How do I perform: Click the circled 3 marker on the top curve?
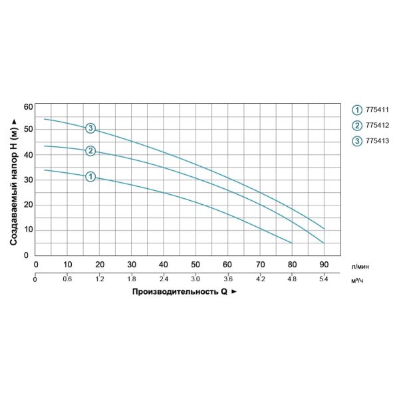click(90, 128)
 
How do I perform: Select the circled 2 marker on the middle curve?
click(90, 151)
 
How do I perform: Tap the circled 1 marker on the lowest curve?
click(90, 176)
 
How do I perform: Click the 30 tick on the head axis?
click(27, 180)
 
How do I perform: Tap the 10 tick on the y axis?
click(27, 230)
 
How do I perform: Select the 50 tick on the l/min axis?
click(196, 265)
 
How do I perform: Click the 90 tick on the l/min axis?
click(324, 265)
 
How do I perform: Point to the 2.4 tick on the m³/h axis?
click(164, 279)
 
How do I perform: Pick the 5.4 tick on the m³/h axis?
click(324, 279)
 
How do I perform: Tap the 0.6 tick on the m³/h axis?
click(67, 279)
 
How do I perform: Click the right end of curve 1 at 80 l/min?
click(292, 243)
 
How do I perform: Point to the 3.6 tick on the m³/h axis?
click(227, 279)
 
